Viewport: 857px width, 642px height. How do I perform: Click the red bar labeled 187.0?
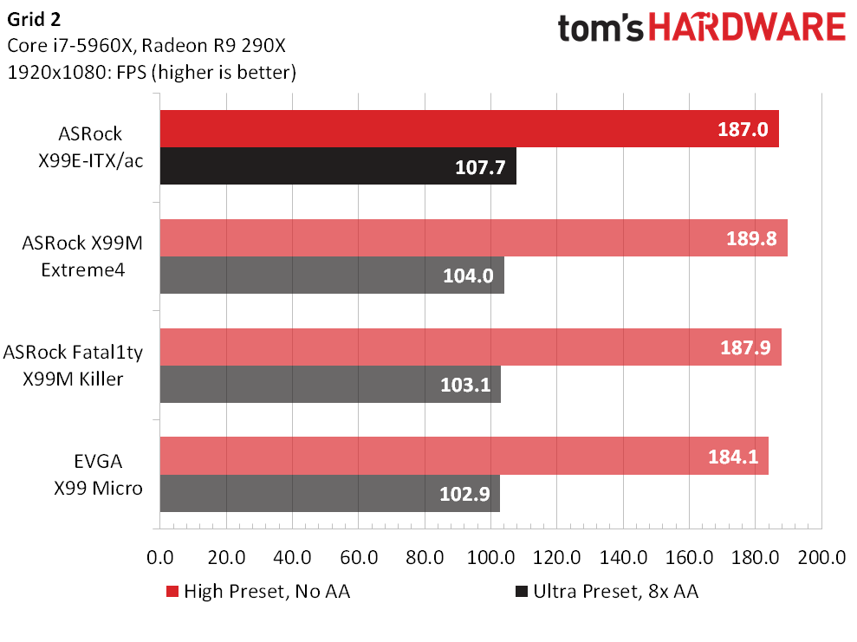tap(470, 129)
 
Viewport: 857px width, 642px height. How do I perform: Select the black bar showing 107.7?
tap(338, 166)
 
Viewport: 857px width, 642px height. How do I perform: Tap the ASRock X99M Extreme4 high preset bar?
tap(474, 238)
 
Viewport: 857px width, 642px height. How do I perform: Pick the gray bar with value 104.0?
tap(332, 276)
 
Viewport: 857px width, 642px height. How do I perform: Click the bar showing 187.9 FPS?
tap(471, 347)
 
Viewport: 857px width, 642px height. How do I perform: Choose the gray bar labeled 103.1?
tap(331, 384)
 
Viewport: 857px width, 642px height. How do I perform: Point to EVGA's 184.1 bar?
tap(464, 457)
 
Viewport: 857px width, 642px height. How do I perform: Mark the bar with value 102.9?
tap(330, 493)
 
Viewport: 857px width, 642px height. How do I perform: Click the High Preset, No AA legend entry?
tap(258, 591)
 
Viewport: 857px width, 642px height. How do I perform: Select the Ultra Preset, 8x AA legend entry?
tap(607, 591)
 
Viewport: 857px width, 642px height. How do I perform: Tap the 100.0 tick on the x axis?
tap(490, 557)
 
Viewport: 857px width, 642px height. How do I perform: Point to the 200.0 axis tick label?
tap(821, 557)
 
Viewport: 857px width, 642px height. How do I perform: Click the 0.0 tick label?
tap(160, 557)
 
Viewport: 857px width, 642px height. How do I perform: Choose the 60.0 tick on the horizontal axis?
tap(359, 557)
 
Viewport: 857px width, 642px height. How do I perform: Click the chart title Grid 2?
tap(34, 20)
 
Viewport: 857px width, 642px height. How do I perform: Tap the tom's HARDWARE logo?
tap(702, 28)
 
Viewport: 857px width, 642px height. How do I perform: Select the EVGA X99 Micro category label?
tap(99, 474)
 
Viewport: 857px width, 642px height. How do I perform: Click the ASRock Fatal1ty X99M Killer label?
tap(74, 365)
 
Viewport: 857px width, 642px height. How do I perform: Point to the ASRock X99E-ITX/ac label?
tap(91, 147)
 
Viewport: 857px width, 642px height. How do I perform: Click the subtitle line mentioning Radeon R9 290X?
tap(146, 45)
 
